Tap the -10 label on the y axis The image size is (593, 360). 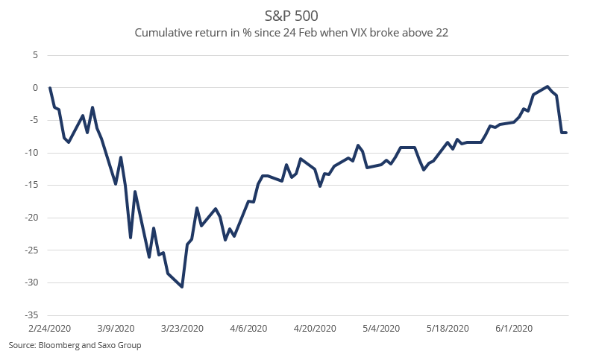tap(32, 153)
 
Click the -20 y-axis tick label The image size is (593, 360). tap(32, 218)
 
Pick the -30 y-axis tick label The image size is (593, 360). tap(32, 282)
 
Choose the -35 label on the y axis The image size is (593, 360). tap(32, 315)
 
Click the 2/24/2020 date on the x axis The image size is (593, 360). tap(50, 329)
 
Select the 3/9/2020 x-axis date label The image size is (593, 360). tap(116, 329)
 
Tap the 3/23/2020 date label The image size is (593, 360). tap(182, 329)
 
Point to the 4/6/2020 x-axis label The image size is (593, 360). tap(248, 329)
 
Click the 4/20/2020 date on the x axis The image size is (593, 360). tap(314, 329)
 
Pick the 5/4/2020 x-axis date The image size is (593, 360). tap(380, 329)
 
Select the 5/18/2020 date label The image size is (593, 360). tap(447, 329)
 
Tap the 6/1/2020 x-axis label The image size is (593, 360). tap(512, 329)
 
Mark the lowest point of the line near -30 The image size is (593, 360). tap(182, 286)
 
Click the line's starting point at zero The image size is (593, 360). tap(50, 88)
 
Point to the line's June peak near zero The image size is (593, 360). tap(547, 86)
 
